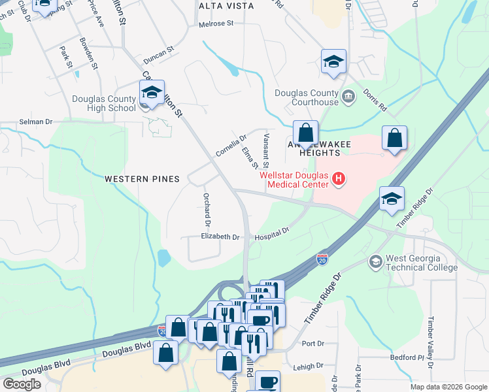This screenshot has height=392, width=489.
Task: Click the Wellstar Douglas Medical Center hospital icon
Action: [x=338, y=178]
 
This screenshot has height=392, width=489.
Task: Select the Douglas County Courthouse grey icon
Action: [x=348, y=97]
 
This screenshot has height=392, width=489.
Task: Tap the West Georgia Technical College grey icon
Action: [x=375, y=261]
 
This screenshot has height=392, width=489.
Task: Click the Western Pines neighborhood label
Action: [x=141, y=178]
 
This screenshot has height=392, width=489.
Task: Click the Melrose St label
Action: [x=216, y=24]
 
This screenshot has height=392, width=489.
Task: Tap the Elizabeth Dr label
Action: [x=220, y=237]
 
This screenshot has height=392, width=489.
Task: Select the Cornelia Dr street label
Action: [x=231, y=146]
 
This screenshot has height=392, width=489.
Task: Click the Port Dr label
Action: [x=314, y=344]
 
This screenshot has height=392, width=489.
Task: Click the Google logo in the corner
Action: [x=22, y=384]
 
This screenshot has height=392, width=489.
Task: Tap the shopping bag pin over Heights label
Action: [x=305, y=133]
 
